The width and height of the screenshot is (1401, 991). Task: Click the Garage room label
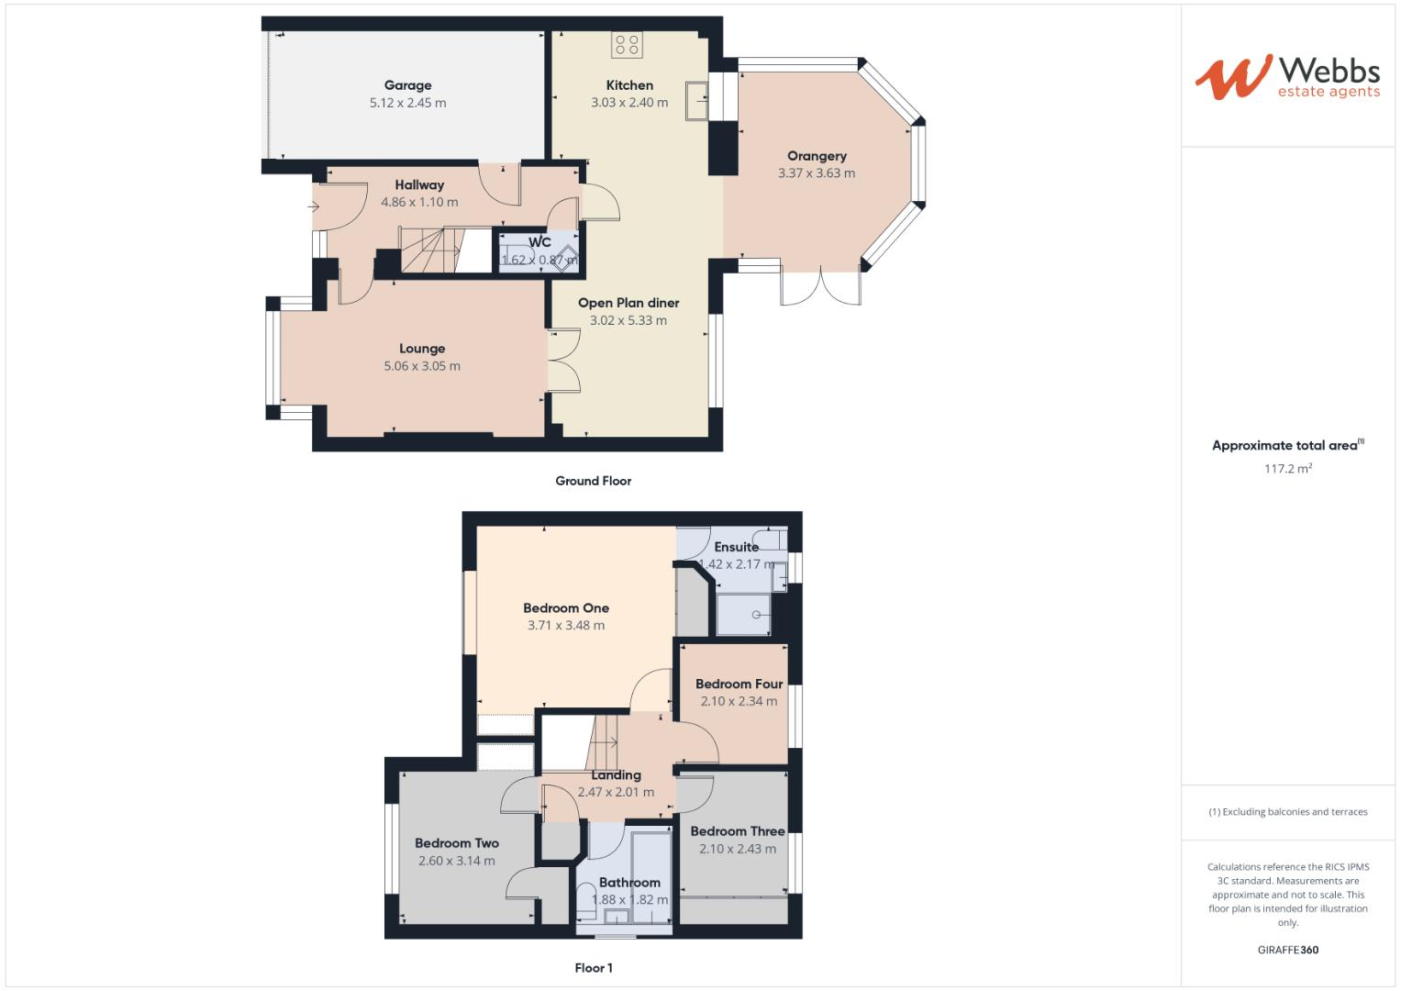407,85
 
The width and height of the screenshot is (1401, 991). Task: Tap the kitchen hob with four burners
628,45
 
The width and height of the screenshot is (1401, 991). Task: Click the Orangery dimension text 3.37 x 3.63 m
816,173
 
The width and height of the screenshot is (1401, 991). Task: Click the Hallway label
419,184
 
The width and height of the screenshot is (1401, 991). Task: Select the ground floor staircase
429,251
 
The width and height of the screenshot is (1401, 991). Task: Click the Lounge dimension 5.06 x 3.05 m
422,366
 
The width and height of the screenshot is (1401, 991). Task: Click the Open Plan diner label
628,303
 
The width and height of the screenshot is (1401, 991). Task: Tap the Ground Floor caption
593,481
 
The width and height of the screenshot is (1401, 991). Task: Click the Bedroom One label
566,607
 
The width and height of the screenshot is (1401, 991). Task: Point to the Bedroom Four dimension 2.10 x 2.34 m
739,701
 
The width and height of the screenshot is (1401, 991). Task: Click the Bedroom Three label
738,831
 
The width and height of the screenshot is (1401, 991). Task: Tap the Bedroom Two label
457,843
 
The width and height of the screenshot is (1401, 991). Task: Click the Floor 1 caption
593,968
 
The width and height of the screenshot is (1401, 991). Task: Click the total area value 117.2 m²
1287,469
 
